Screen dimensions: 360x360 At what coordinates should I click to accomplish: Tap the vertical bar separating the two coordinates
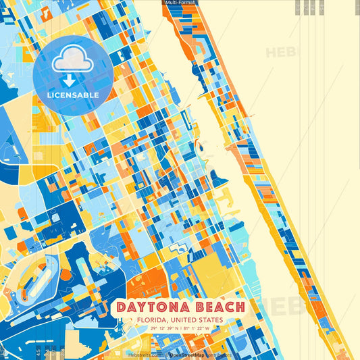pyautogui.click(x=181, y=329)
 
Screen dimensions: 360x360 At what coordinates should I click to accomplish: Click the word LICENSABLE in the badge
pyautogui.click(x=72, y=95)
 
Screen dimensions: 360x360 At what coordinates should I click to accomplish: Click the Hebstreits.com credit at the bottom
pyautogui.click(x=143, y=354)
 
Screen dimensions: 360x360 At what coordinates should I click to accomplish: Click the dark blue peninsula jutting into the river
pyautogui.click(x=218, y=178)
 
